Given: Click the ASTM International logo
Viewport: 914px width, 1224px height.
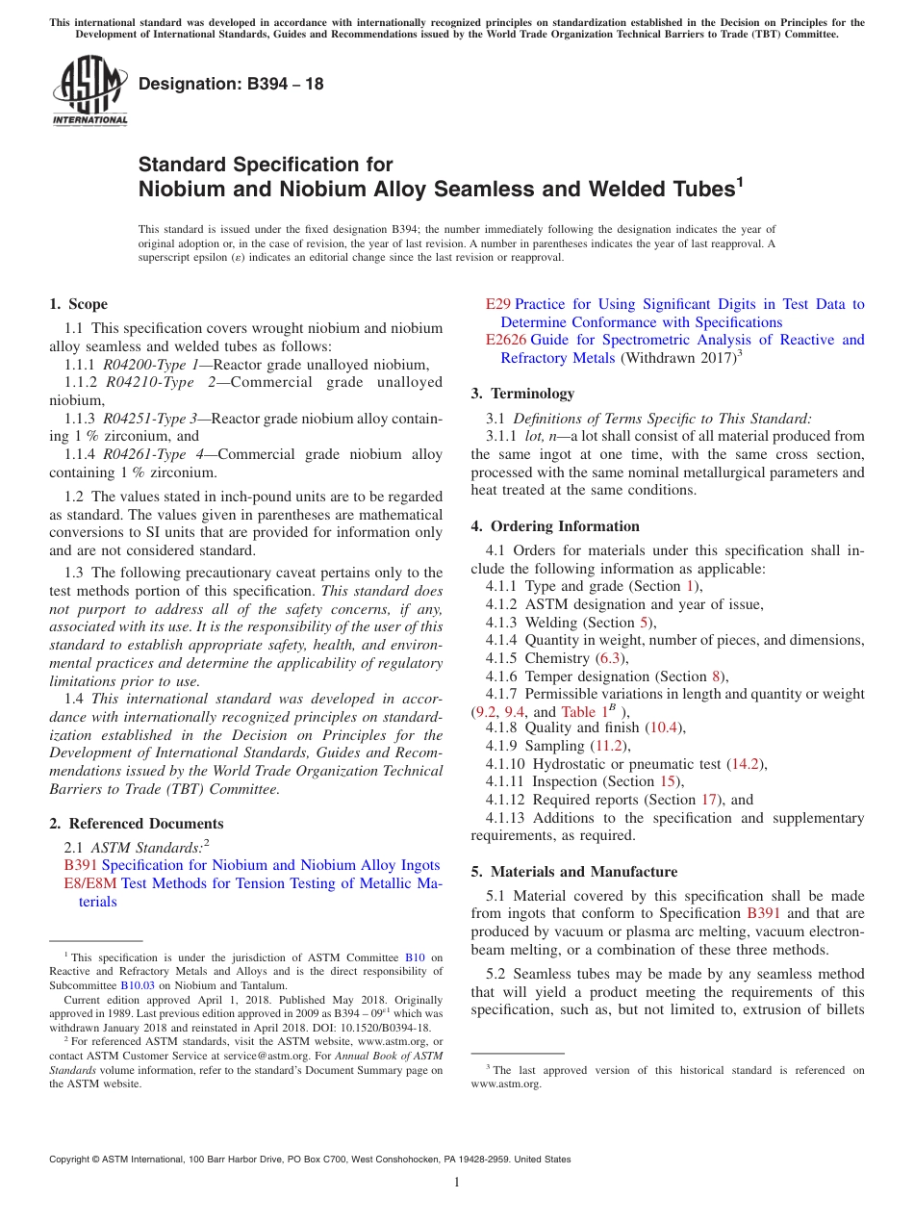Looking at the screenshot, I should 89,91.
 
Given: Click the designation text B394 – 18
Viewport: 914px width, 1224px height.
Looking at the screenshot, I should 231,84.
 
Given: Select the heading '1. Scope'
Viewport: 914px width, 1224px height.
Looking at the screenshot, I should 78,304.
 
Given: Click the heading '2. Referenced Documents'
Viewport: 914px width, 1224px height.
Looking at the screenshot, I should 136,824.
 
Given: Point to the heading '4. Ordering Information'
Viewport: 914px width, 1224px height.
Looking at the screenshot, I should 555,526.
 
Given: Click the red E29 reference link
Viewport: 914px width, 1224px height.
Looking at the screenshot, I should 497,304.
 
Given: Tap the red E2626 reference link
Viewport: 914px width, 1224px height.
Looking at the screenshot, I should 506,340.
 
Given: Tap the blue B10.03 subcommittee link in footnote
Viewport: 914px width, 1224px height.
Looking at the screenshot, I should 138,985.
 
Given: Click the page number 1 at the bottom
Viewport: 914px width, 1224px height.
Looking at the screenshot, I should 457,1183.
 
